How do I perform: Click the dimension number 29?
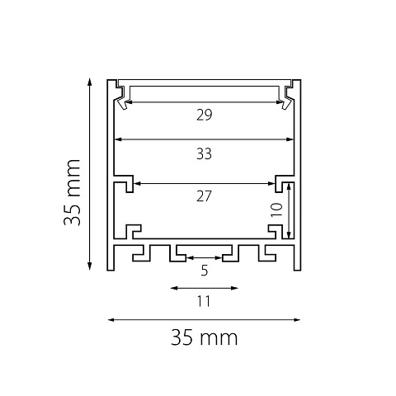[x=205, y=115]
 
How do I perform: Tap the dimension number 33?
[x=204, y=154]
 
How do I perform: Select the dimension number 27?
[x=204, y=196]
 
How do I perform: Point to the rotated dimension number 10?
[x=276, y=210]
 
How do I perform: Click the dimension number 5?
[x=205, y=271]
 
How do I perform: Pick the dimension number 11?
[x=204, y=301]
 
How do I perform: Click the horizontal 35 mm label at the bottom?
[x=204, y=337]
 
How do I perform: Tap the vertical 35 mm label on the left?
[x=72, y=192]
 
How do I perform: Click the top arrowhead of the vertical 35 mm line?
[x=89, y=82]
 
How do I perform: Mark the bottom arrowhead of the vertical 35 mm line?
[x=89, y=266]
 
